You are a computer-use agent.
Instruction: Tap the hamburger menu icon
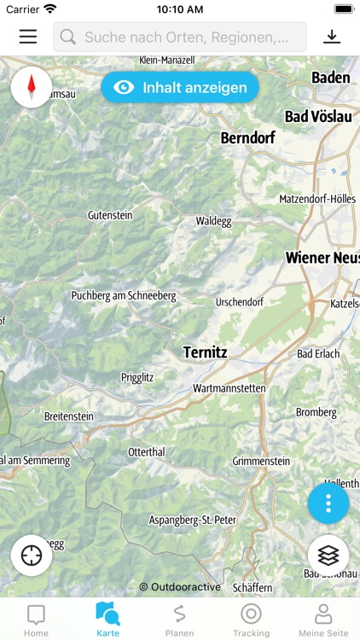[28, 37]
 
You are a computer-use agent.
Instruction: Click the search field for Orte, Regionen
[180, 38]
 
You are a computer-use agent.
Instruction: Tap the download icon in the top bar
[331, 37]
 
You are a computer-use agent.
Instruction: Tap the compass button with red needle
[32, 87]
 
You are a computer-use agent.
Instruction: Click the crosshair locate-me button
[32, 556]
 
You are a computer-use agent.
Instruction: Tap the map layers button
[328, 556]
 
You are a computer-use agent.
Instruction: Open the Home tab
[36, 620]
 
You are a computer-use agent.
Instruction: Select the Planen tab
[179, 620]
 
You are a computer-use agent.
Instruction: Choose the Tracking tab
[251, 620]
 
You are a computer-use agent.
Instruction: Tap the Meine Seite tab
[323, 620]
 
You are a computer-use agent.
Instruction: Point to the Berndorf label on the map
[250, 137]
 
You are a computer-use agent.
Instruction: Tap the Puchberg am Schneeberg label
[124, 296]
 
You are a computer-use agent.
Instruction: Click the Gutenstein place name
[110, 216]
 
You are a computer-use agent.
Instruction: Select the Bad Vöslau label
[318, 116]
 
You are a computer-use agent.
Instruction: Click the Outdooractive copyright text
[180, 587]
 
